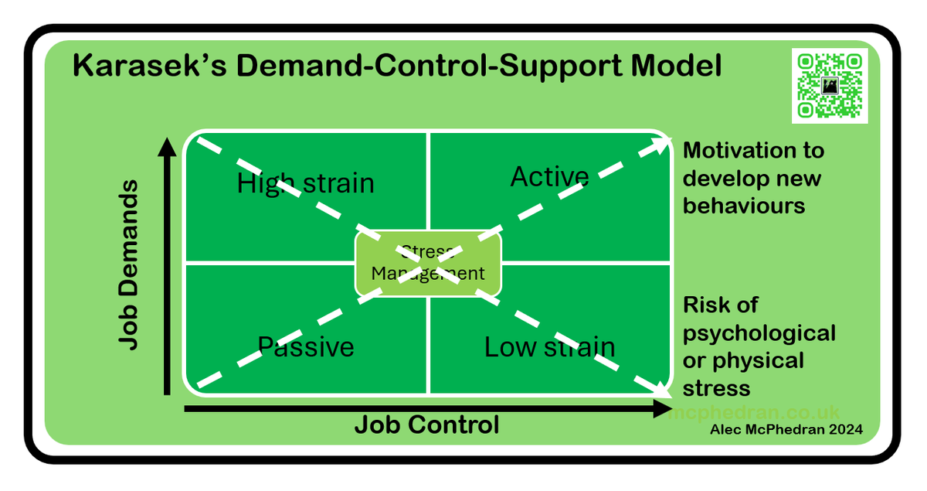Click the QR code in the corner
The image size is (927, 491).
click(x=830, y=84)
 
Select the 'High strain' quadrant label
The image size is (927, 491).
click(x=305, y=184)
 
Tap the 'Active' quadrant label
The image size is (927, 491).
click(x=549, y=177)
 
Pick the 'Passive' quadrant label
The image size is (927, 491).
click(x=305, y=347)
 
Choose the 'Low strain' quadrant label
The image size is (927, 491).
click(x=549, y=347)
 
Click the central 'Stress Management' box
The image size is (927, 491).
click(x=427, y=263)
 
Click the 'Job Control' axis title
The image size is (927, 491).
click(x=426, y=425)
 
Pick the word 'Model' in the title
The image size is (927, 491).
click(x=676, y=66)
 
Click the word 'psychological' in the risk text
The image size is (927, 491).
click(x=759, y=333)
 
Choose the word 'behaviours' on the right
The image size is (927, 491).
click(x=743, y=206)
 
